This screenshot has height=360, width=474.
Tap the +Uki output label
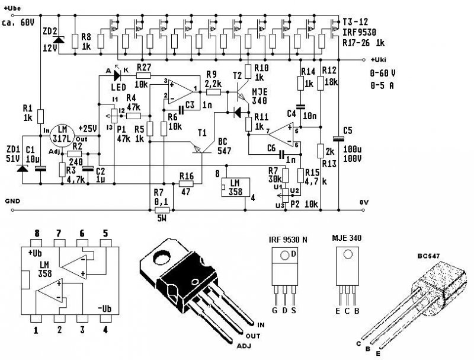point(377,60)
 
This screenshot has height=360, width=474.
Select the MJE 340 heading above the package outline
point(345,238)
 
